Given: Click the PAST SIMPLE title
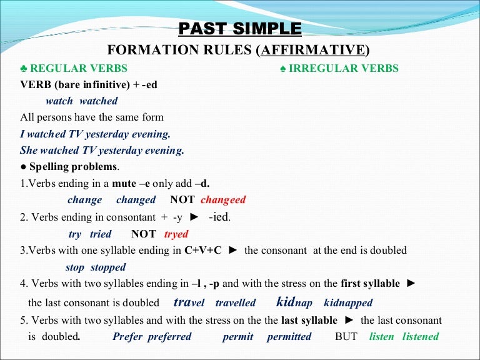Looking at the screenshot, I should click(240, 29).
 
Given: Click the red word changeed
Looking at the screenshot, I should click(223, 200).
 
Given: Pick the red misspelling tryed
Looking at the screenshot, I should click(176, 234).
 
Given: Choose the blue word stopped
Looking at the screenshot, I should click(108, 267).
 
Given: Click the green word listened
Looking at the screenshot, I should click(421, 336).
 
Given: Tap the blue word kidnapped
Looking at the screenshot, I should click(348, 303).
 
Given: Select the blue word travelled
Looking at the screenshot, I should click(236, 303).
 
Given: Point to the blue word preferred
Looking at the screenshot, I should click(169, 336).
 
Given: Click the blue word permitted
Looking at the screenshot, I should click(289, 336).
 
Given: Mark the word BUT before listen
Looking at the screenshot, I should click(346, 336).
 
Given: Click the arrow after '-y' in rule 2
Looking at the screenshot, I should click(194, 217).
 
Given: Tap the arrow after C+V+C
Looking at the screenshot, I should click(233, 251).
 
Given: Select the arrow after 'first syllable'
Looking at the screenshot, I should click(411, 283).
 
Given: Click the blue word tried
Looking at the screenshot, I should click(101, 234).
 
